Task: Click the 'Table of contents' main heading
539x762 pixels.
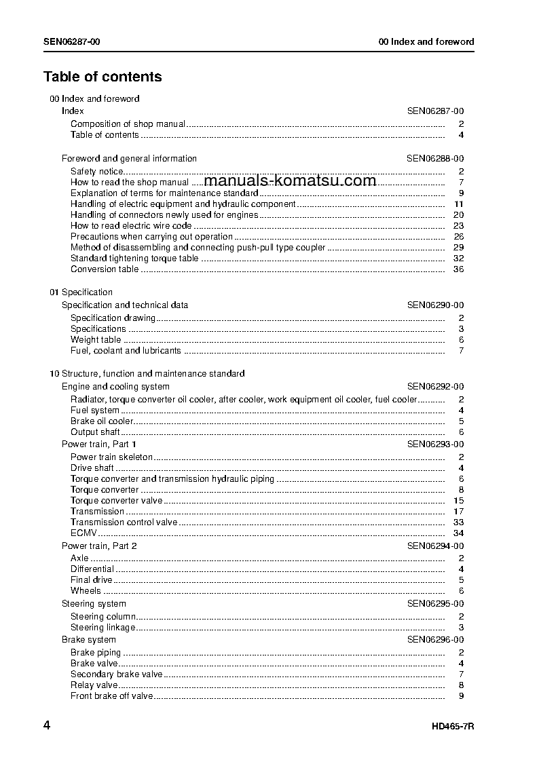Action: point(103,77)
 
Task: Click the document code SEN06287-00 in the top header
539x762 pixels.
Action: point(72,41)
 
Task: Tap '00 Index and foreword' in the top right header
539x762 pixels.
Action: point(426,41)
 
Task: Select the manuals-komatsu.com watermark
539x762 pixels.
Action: point(290,180)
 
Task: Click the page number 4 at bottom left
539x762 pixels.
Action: point(47,725)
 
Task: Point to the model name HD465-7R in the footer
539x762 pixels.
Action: point(452,727)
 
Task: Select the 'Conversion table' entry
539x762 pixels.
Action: point(105,269)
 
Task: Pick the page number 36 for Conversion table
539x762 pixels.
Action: point(458,269)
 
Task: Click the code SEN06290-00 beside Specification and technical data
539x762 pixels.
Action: point(435,305)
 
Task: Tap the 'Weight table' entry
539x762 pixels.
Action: point(96,340)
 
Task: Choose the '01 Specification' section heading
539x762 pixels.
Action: point(81,292)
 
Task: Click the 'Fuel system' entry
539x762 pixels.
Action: point(95,411)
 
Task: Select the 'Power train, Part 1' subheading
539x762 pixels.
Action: point(99,444)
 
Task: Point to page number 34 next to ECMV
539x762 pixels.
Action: point(458,533)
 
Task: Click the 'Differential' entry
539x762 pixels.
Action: point(92,569)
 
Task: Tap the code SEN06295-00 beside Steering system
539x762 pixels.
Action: point(435,604)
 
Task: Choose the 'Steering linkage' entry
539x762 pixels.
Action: point(103,628)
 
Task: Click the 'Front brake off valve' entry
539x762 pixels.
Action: point(111,696)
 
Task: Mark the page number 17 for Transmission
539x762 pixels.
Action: point(458,512)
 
